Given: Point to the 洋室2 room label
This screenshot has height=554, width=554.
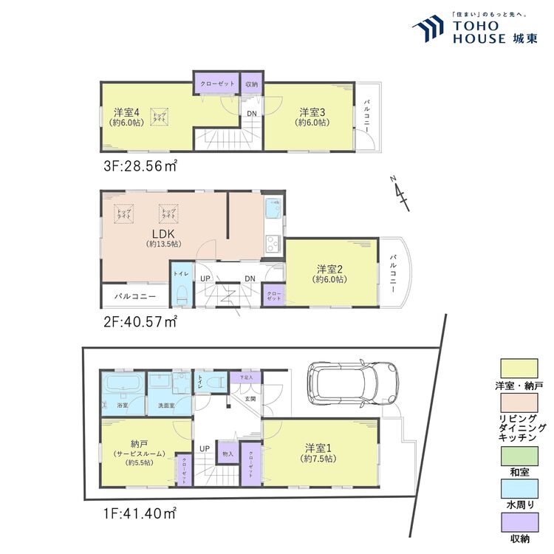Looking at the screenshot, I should pyautogui.click(x=329, y=270).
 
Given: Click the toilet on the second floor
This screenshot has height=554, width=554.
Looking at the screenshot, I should pyautogui.click(x=181, y=293).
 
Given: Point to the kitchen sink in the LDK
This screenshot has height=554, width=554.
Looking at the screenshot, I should pyautogui.click(x=272, y=210).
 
